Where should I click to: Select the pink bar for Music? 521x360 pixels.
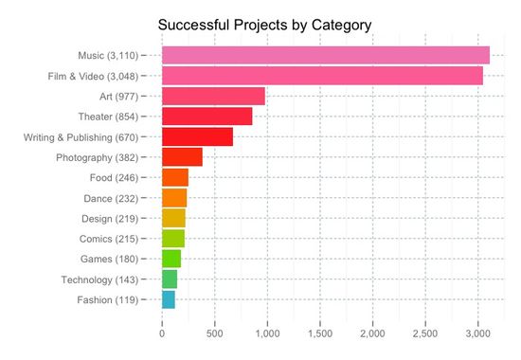point(325,55)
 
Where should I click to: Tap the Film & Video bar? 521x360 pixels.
point(322,76)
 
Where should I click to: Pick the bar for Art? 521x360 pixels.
point(213,96)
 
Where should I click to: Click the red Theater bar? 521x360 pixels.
point(207,117)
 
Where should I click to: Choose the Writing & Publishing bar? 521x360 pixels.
point(197,136)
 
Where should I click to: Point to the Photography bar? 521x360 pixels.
point(182,157)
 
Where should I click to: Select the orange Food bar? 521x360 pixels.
point(175,177)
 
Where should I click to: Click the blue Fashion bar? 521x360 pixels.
point(169,299)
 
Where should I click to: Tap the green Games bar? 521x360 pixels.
point(171,259)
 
